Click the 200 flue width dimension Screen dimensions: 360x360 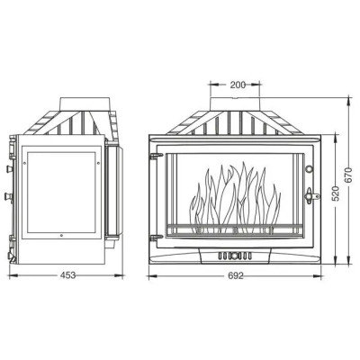238,85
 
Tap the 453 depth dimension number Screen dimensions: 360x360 67,275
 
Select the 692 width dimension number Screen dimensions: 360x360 236,275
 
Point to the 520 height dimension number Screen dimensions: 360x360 336,193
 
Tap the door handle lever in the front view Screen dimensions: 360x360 311,196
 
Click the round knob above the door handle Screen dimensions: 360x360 309,169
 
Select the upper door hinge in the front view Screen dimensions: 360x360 156,156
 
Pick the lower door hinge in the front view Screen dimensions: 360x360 156,238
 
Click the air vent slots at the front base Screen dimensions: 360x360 235,256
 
